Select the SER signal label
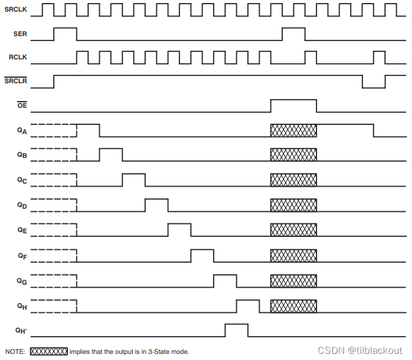tap(19, 34)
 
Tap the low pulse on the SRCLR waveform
tap(373, 82)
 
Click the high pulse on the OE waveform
tap(294, 105)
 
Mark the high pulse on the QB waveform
tap(111, 154)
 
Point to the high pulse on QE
tap(179, 230)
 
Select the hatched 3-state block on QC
tap(294, 180)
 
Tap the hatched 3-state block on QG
tap(294, 280)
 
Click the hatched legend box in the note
tap(49, 351)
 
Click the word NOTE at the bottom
tap(15, 351)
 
